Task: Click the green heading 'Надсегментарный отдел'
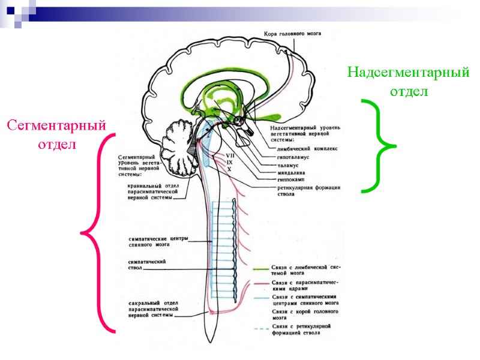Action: tap(408, 82)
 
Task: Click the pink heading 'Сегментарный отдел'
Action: tap(56, 135)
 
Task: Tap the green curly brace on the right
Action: tap(378, 146)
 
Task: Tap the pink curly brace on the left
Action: tap(99, 232)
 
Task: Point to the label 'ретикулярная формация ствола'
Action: tap(304, 191)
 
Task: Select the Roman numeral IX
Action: tap(229, 163)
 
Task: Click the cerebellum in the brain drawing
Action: tap(180, 147)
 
